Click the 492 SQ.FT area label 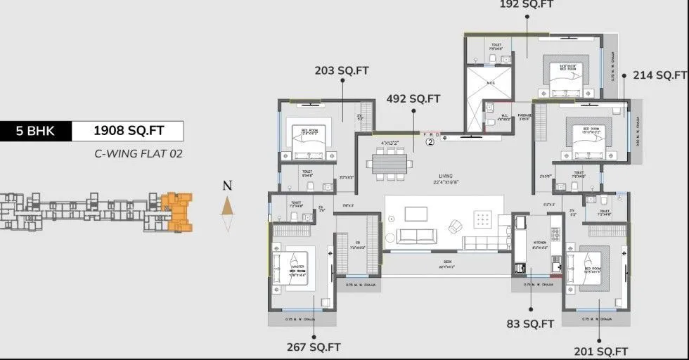[413, 99]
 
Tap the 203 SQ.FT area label [342, 70]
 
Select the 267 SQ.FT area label [314, 347]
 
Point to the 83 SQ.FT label [530, 324]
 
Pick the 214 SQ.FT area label [659, 75]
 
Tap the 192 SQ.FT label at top [527, 4]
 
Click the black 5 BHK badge [37, 131]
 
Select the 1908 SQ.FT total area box [129, 131]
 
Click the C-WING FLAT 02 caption [139, 153]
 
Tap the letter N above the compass [226, 186]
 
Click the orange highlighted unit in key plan [176, 210]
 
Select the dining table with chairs [389, 163]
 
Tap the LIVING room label [446, 176]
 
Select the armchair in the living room [455, 226]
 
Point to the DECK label [447, 262]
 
